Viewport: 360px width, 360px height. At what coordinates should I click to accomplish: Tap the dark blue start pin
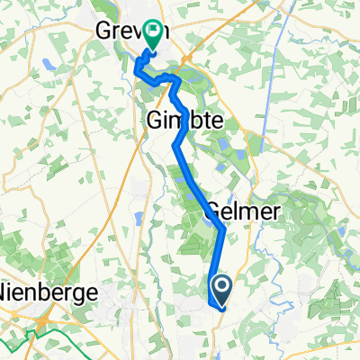click(220, 290)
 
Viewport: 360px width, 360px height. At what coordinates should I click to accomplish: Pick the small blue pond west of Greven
click(45, 65)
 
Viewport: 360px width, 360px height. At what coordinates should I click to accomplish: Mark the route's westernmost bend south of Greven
click(137, 67)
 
